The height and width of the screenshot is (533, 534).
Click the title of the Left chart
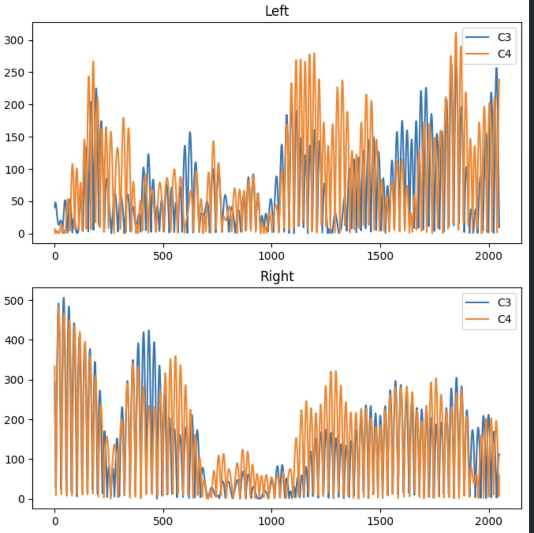(x=277, y=11)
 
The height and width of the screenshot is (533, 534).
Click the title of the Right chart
(x=277, y=276)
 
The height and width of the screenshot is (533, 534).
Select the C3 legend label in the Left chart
(x=504, y=37)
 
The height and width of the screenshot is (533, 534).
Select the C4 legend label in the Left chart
(x=504, y=54)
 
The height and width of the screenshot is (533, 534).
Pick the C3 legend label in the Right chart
(x=504, y=302)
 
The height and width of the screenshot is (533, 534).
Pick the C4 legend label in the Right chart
(x=504, y=319)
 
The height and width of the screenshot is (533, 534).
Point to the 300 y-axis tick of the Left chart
(x=14, y=40)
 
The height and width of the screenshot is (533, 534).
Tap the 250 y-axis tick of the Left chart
(x=14, y=73)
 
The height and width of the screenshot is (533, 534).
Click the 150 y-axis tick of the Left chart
(x=14, y=137)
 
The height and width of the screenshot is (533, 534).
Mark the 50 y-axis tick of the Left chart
(x=17, y=202)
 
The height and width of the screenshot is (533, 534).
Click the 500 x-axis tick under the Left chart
(x=163, y=256)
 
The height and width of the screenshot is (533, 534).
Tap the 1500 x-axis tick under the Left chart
(x=380, y=256)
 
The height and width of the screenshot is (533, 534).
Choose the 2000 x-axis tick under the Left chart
(x=488, y=256)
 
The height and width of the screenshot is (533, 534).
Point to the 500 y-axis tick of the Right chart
(x=14, y=301)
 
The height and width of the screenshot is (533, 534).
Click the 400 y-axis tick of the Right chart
(x=14, y=340)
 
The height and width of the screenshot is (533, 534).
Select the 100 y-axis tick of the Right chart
(x=14, y=460)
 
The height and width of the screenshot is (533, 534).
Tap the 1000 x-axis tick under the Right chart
(x=271, y=521)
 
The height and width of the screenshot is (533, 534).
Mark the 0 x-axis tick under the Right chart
(x=55, y=521)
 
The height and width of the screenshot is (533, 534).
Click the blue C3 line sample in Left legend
(x=477, y=37)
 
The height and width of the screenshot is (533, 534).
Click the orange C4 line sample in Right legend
(x=477, y=319)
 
